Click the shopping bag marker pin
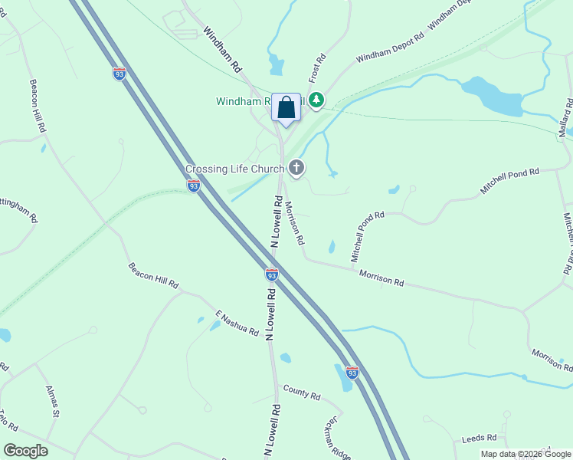click(286, 108)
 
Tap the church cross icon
click(296, 168)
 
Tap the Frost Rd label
click(317, 68)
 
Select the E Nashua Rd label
click(237, 323)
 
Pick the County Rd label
click(301, 393)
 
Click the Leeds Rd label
click(480, 438)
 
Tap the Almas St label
click(52, 401)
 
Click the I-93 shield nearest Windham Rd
click(119, 74)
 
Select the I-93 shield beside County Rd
click(352, 373)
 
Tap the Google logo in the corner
click(25, 451)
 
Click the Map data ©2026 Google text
click(526, 454)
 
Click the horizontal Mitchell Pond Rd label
click(510, 180)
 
